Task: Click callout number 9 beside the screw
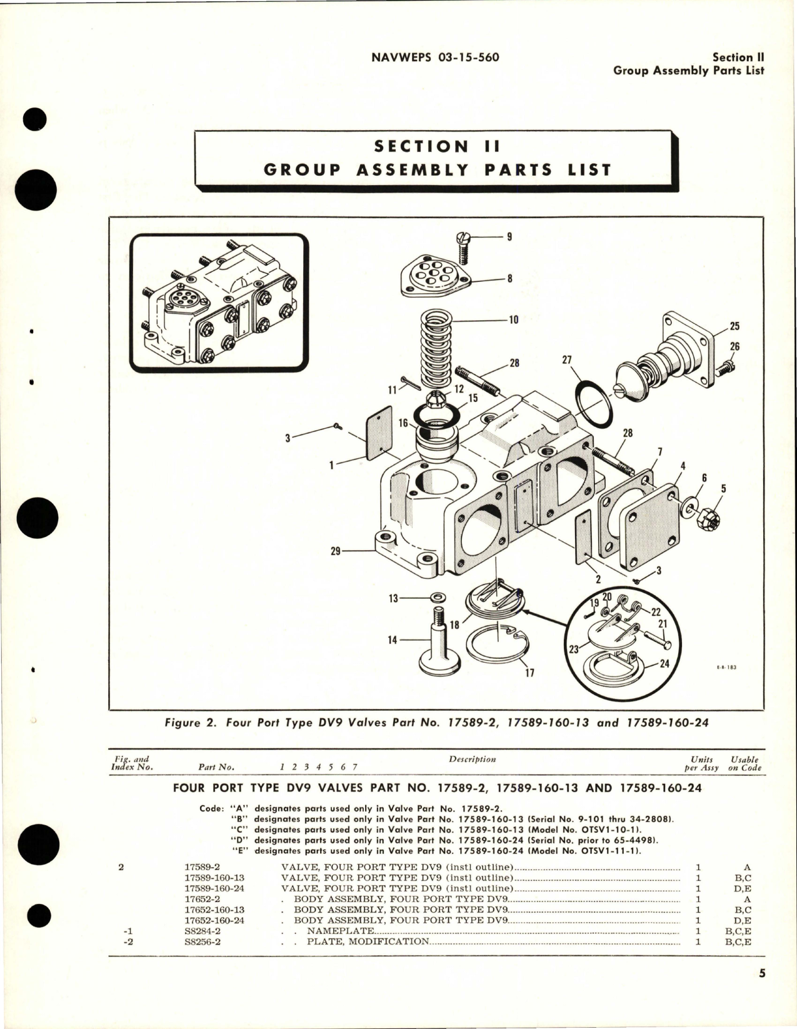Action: [509, 237]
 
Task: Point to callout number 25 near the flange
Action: [734, 326]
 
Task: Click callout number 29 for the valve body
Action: [336, 551]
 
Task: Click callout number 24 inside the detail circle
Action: [664, 663]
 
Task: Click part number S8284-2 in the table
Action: [203, 931]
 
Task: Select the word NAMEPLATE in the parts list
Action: [340, 931]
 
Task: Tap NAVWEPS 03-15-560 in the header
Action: [435, 58]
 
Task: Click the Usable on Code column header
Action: [744, 763]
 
